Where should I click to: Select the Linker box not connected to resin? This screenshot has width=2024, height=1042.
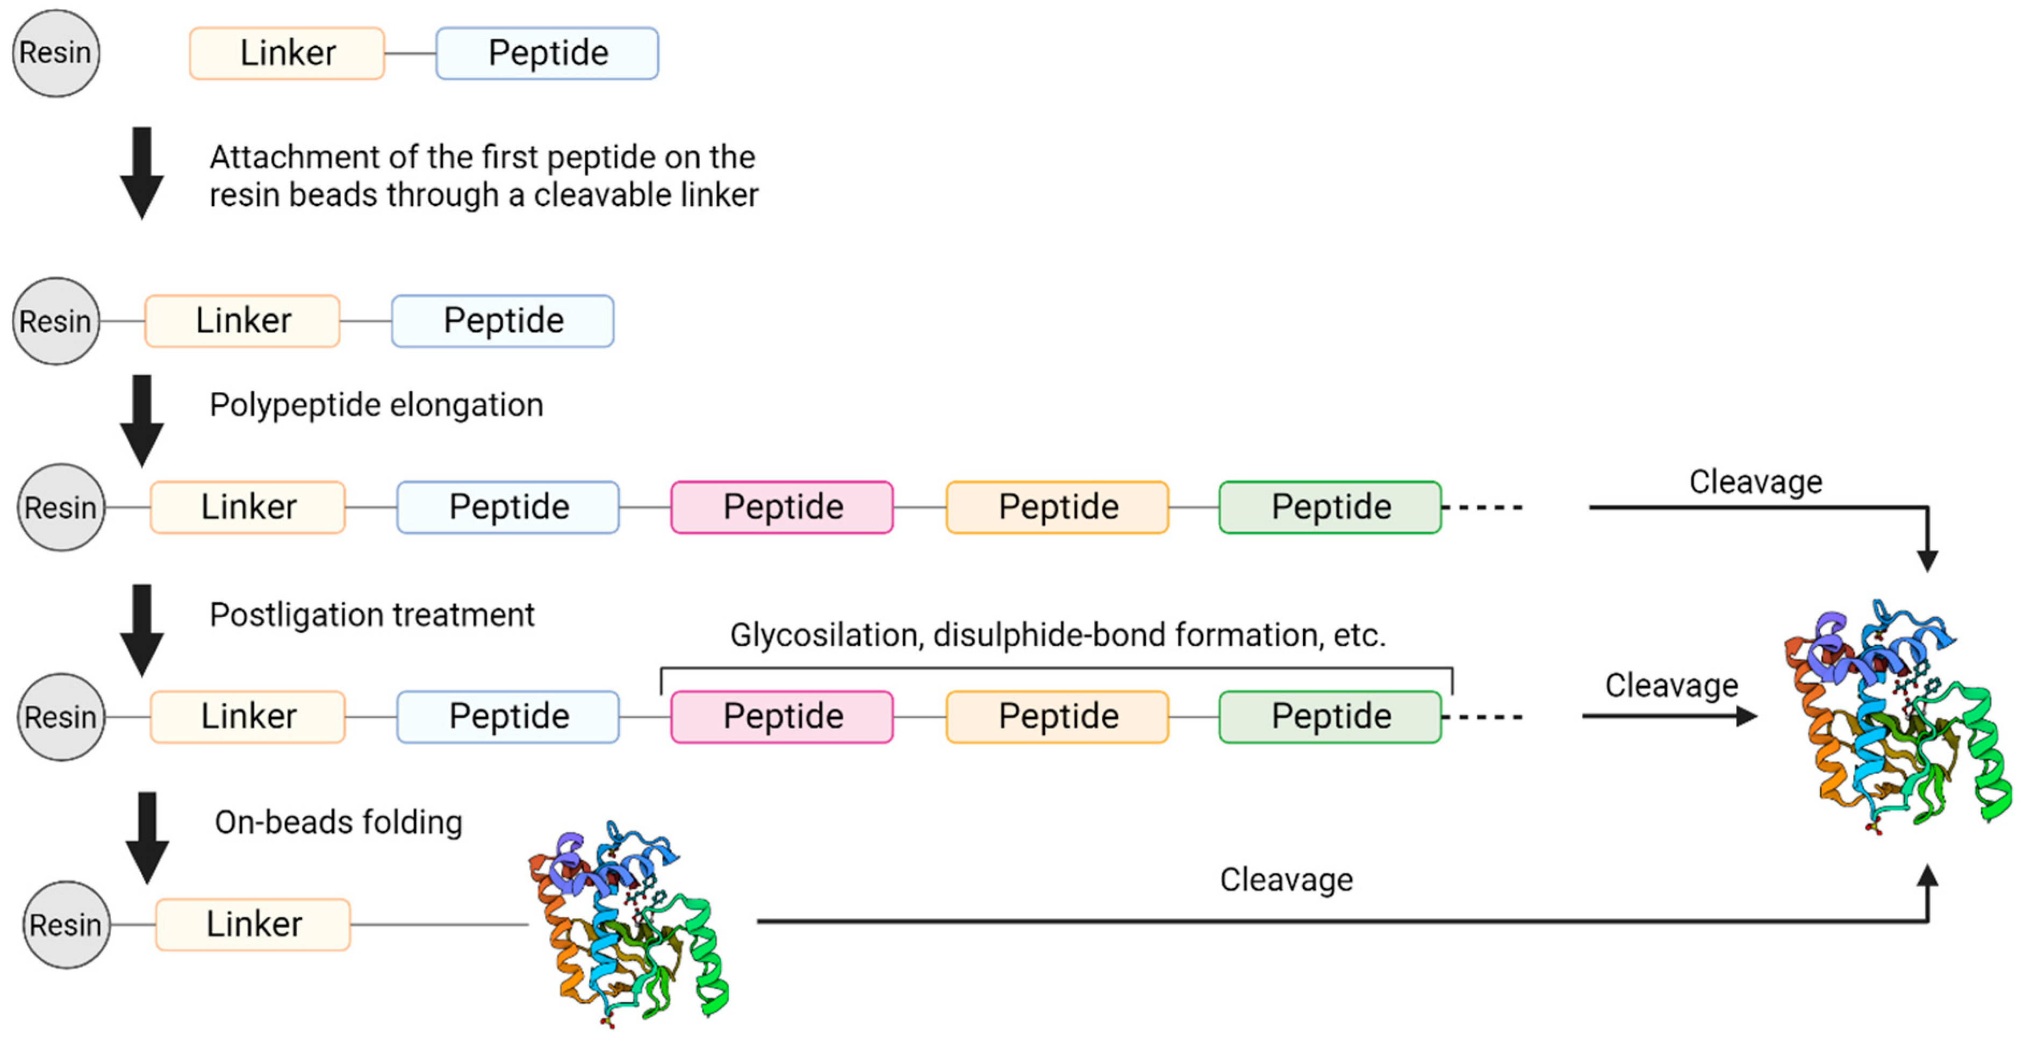pyautogui.click(x=287, y=53)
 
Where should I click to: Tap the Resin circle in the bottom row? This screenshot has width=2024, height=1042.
pyautogui.click(x=66, y=924)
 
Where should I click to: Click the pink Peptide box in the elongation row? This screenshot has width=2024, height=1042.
pyautogui.click(x=782, y=507)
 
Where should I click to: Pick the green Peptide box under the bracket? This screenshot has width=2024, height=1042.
pyautogui.click(x=1330, y=716)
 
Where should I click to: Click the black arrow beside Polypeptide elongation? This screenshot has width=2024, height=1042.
pyautogui.click(x=141, y=420)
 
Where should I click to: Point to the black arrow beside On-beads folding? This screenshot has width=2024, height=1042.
pyautogui.click(x=147, y=838)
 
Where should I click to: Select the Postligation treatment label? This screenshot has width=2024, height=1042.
pyautogui.click(x=372, y=615)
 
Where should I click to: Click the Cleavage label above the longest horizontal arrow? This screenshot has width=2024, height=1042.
pyautogui.click(x=1286, y=879)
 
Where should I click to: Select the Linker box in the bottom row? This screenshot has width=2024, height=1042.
pyautogui.click(x=253, y=924)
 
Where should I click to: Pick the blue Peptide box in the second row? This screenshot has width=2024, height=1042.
pyautogui.click(x=503, y=320)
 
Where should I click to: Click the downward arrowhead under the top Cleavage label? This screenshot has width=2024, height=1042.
pyautogui.click(x=1927, y=560)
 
